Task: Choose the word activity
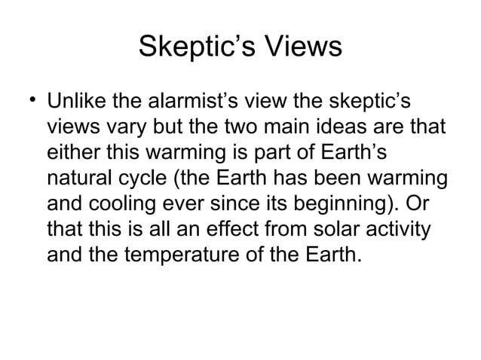(x=400, y=230)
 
